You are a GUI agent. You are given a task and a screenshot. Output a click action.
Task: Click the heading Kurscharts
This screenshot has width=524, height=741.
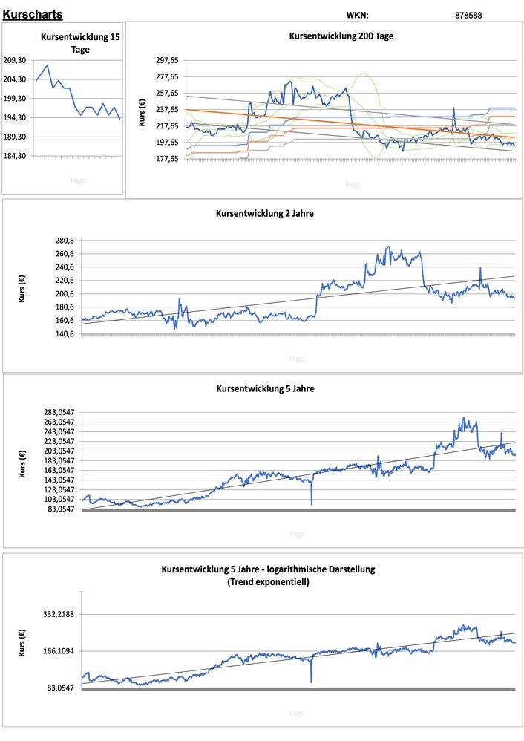pyautogui.click(x=33, y=14)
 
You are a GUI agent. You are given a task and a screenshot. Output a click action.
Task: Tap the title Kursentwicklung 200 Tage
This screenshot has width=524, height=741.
pyautogui.click(x=341, y=36)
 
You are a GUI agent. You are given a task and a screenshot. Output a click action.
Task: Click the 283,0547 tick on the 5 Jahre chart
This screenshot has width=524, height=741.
pyautogui.click(x=57, y=412)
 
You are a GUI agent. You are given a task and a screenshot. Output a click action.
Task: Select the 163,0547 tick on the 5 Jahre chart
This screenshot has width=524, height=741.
pyautogui.click(x=57, y=470)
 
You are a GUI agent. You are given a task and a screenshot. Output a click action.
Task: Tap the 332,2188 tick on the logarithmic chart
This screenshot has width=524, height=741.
pyautogui.click(x=58, y=614)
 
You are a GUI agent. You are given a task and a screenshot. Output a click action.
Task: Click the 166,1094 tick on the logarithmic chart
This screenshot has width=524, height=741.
pyautogui.click(x=58, y=651)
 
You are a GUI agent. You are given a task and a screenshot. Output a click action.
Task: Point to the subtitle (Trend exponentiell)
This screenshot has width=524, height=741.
pyautogui.click(x=268, y=582)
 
